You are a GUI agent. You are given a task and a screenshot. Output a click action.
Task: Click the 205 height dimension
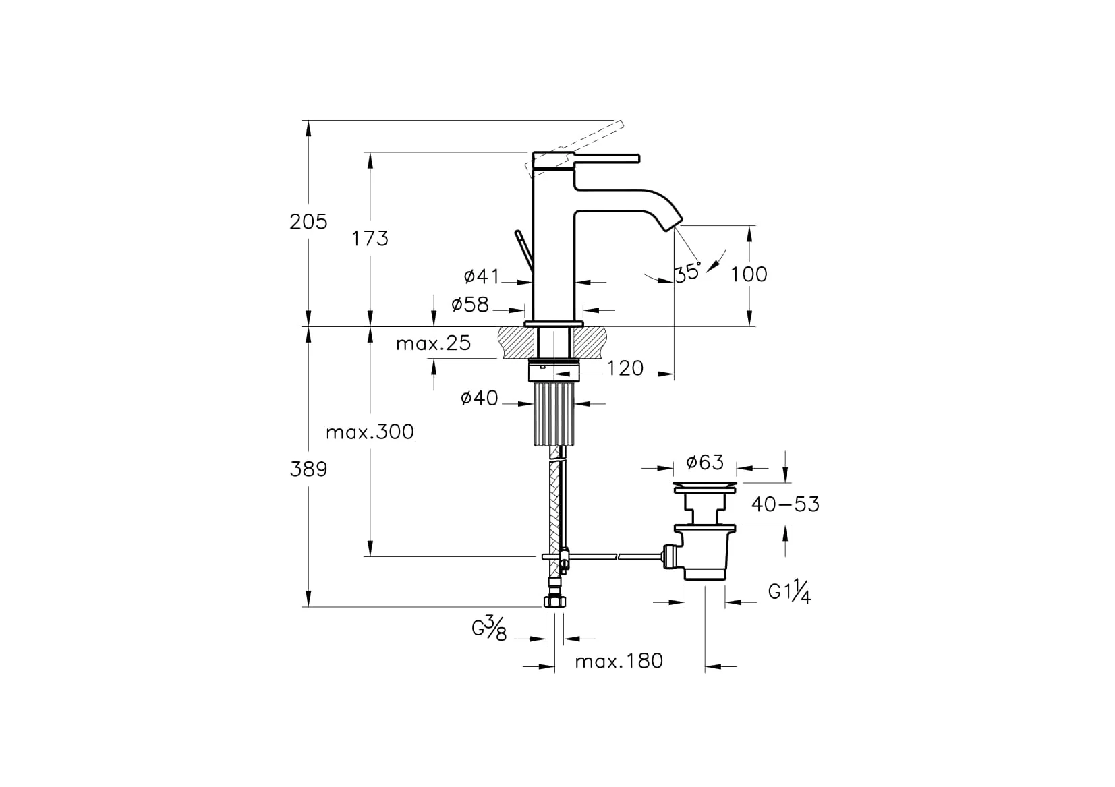[309, 221]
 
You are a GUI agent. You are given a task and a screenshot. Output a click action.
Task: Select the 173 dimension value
[370, 239]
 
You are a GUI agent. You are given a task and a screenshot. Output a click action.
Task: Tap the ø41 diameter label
[482, 276]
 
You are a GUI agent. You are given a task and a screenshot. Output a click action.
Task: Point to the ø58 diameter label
[470, 304]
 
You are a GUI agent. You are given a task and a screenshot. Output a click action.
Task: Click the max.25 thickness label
[433, 343]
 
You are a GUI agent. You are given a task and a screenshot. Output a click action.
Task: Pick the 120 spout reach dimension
[625, 368]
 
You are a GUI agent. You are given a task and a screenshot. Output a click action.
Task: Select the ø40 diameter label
[480, 398]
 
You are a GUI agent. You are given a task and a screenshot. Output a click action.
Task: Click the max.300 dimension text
[370, 432]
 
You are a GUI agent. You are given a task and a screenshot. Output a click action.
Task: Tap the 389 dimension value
[309, 469]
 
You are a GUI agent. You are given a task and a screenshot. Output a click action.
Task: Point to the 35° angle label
[688, 272]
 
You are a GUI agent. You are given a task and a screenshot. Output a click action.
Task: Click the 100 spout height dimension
[749, 274]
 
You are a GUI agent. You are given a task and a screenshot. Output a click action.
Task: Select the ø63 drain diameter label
[705, 463]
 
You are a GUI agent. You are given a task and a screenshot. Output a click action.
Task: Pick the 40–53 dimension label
[785, 504]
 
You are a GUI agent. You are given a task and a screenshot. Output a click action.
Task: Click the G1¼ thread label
[789, 591]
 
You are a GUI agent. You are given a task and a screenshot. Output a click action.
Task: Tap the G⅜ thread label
[489, 629]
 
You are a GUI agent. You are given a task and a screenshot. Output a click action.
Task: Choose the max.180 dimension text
[619, 661]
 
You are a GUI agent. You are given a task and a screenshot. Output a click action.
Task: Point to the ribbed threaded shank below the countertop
[554, 413]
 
